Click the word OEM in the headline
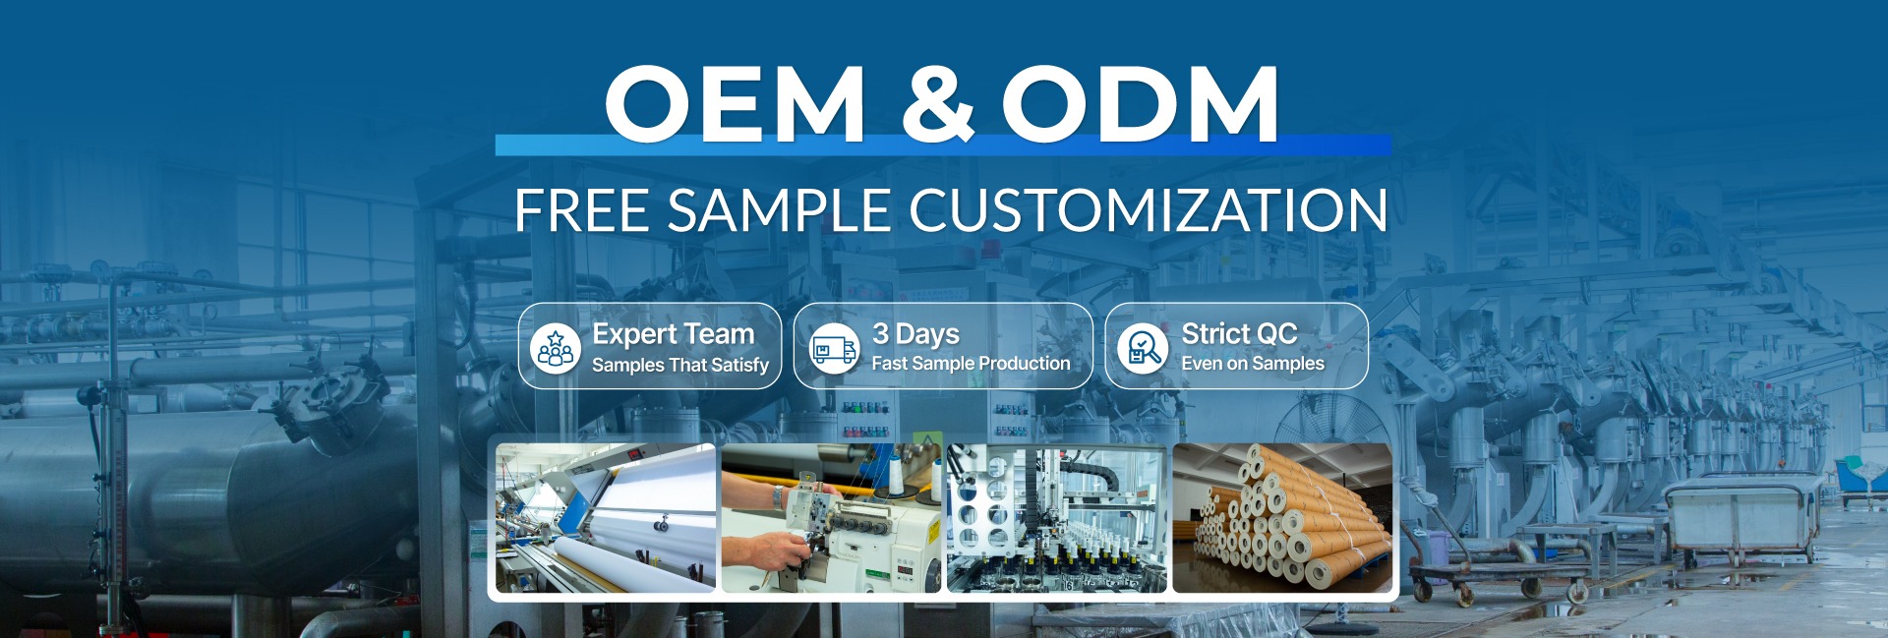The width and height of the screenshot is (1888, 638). (x=735, y=102)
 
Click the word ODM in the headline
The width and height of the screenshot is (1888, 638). (x=1141, y=102)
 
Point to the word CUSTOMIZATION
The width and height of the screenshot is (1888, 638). (x=1148, y=210)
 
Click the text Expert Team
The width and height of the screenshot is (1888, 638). (x=673, y=334)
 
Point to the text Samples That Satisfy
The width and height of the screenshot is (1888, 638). (x=680, y=365)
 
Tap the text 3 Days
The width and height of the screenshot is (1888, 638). (x=915, y=334)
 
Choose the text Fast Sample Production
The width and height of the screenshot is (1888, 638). (x=971, y=364)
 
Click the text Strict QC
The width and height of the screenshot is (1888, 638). (x=1239, y=334)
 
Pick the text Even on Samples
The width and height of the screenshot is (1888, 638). (x=1253, y=364)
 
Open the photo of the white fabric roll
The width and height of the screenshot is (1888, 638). (x=606, y=518)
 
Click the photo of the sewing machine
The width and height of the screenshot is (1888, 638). (x=831, y=518)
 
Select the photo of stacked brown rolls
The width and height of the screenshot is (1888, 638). (x=1282, y=518)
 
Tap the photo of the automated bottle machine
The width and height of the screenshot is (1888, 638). (x=1057, y=518)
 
